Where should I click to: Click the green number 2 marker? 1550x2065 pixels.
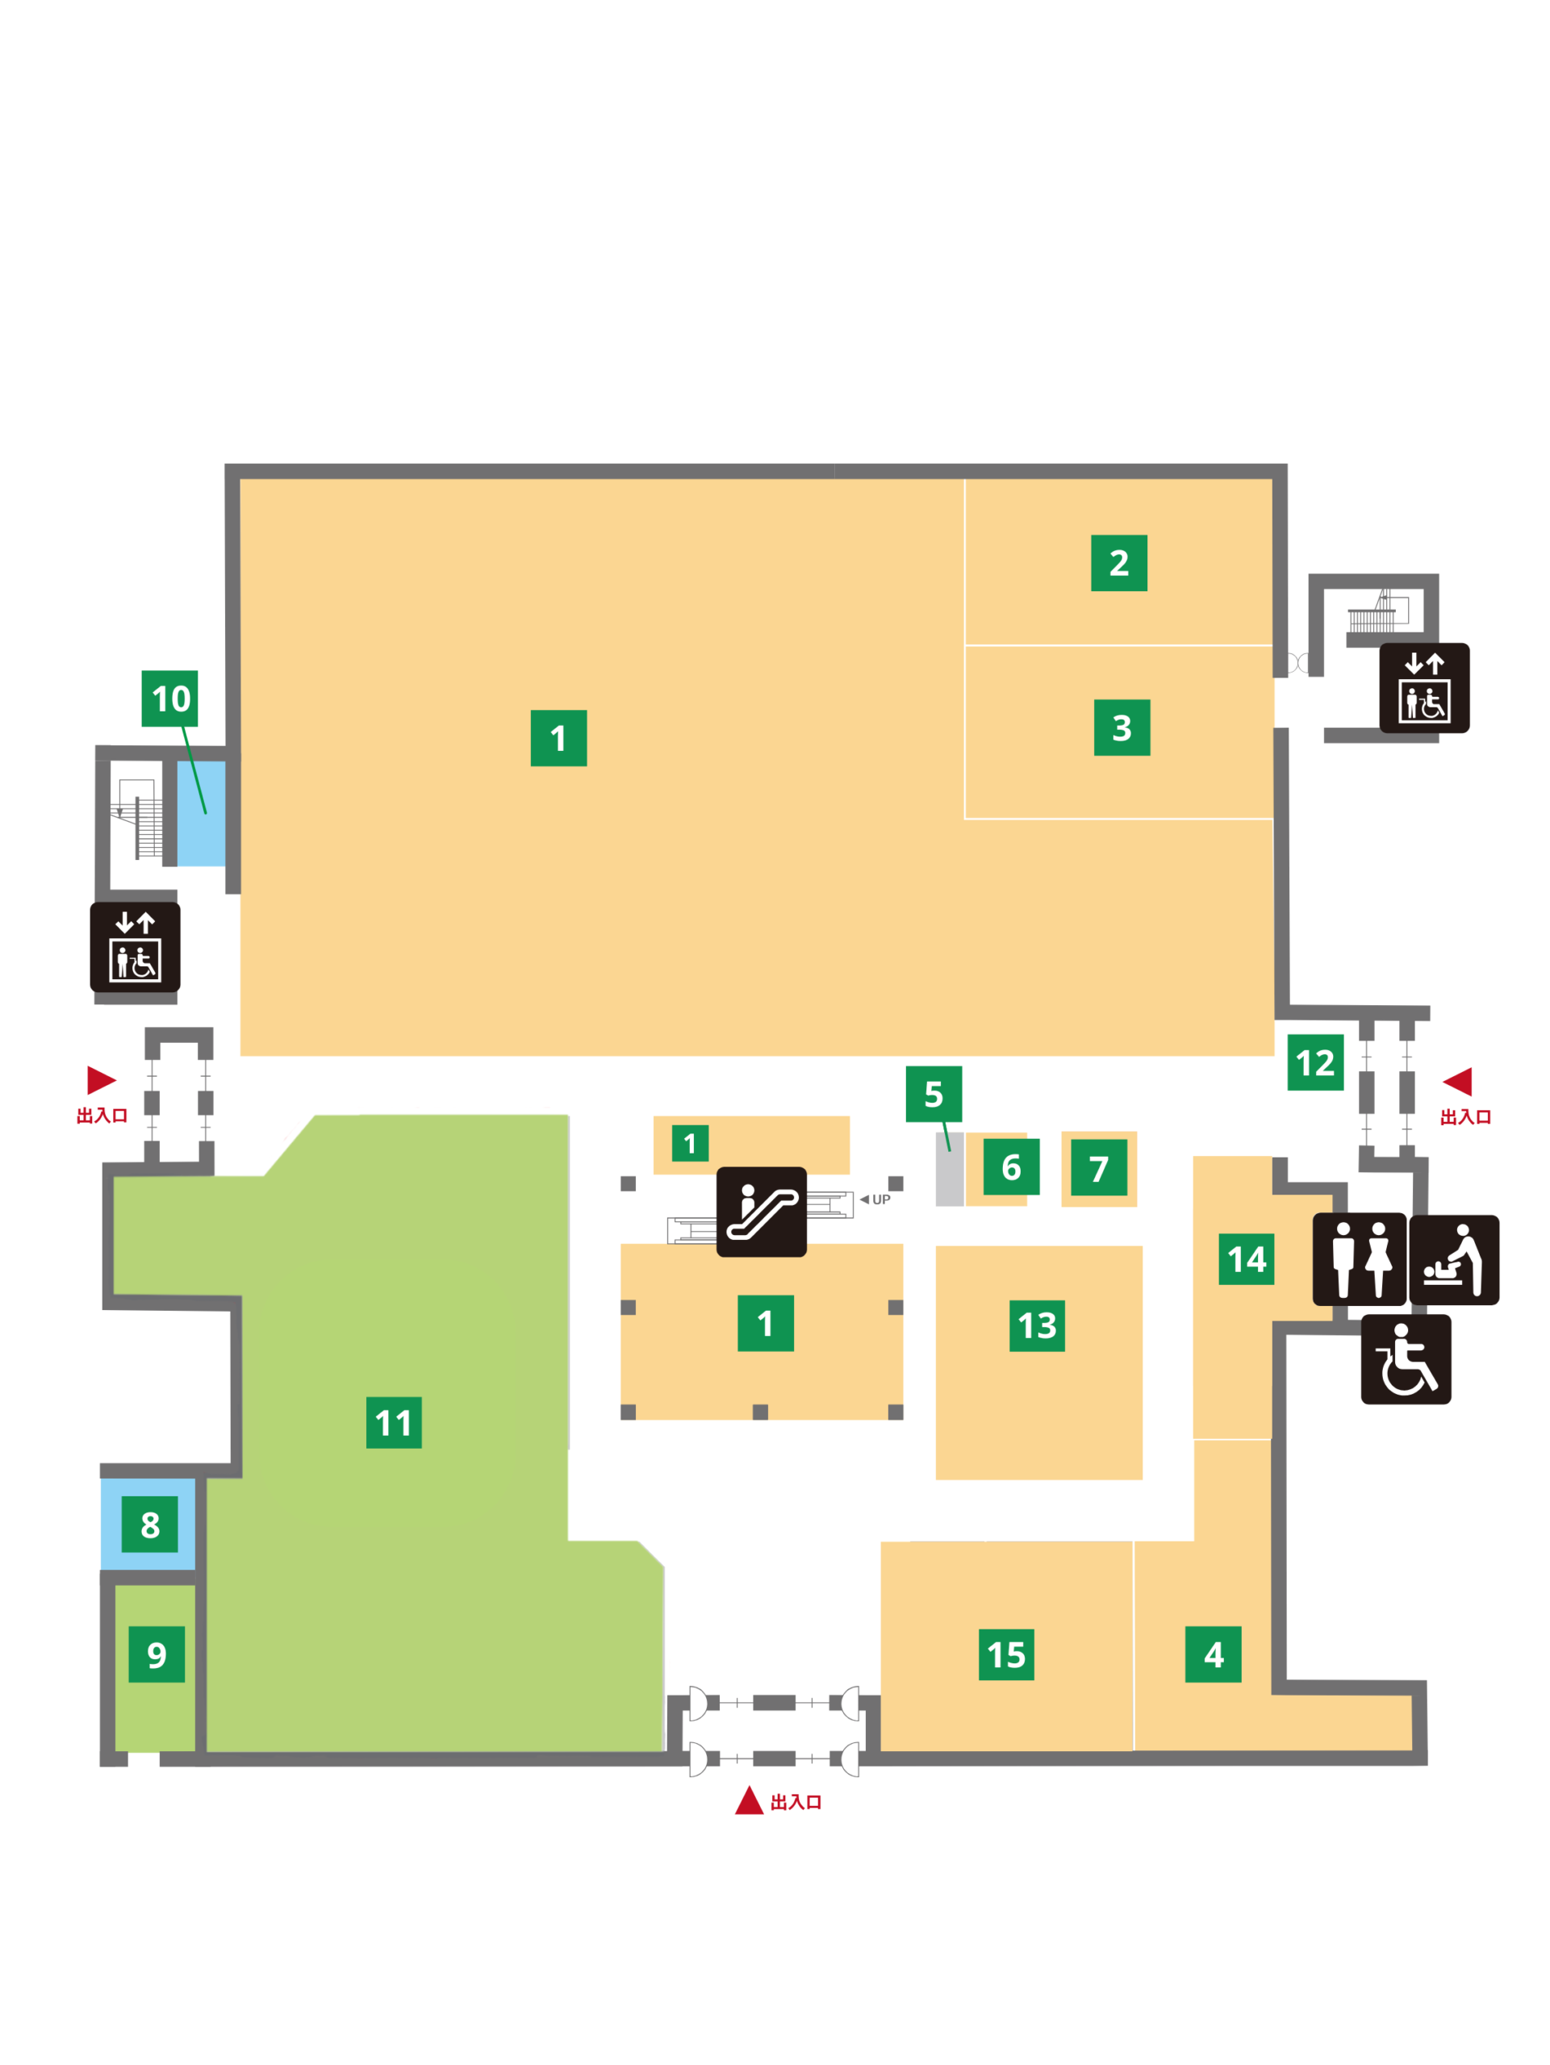[1118, 563]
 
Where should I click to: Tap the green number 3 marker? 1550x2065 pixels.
[1122, 728]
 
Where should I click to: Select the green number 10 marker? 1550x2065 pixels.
[170, 699]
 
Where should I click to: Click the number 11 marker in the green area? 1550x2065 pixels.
[394, 1423]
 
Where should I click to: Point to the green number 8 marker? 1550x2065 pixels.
[149, 1525]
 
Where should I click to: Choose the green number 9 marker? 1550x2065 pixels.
[157, 1654]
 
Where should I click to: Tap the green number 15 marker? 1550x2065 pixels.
[1006, 1654]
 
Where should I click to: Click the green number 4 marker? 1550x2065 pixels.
[1213, 1654]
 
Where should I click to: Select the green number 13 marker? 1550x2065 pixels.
[1038, 1325]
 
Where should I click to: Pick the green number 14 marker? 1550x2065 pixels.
[1247, 1259]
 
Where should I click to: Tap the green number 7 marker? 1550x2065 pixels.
[1099, 1167]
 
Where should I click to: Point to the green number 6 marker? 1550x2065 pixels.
[1011, 1167]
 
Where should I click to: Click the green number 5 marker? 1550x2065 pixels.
[934, 1094]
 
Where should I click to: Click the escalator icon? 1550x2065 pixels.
[761, 1212]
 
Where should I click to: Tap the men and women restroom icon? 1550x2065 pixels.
[1360, 1259]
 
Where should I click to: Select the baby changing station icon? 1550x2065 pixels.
[1454, 1260]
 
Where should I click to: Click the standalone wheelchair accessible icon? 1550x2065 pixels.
[1406, 1359]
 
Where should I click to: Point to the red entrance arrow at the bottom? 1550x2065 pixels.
[749, 1800]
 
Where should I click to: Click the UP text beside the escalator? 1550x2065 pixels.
[880, 1199]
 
